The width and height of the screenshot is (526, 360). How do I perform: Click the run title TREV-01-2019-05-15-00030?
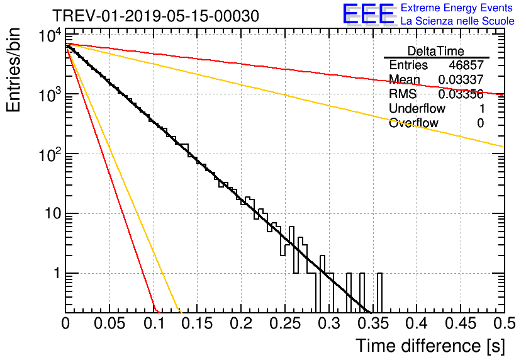pos(155,16)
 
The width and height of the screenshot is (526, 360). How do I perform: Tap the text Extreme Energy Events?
pos(457,8)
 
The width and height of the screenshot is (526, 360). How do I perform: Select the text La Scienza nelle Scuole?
pos(457,21)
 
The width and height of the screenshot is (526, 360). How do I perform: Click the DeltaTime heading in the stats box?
pos(436,51)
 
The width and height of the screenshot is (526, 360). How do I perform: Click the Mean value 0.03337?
pos(461,80)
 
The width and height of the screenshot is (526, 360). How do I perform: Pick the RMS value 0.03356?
pos(461,94)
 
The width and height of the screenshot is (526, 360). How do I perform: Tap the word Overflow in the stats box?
pos(413,123)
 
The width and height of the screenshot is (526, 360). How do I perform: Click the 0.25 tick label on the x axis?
pos(284,323)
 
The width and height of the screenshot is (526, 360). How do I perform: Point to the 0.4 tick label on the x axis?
pos(416,323)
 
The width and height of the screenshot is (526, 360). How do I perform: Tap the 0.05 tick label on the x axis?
pos(109,323)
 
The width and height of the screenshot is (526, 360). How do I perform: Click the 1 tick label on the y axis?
pos(55,274)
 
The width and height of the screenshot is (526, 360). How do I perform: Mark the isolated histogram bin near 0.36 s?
pos(380,293)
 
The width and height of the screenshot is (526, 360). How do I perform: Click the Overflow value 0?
pos(480,123)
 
